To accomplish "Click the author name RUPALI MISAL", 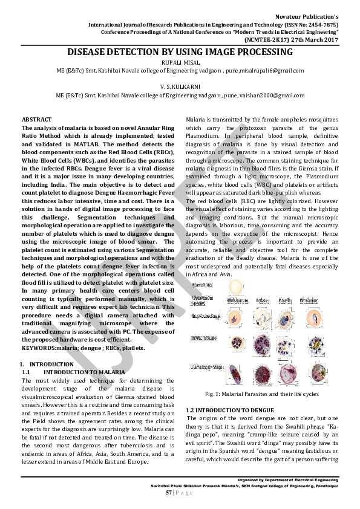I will click(180, 63).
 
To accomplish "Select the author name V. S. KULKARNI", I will click(180, 86).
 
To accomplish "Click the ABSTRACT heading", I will click(36, 119).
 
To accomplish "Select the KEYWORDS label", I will click(38, 348).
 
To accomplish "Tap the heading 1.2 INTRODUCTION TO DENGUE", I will click(230, 410).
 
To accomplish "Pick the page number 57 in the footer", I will click(169, 492).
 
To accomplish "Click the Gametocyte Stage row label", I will click(203, 366).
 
